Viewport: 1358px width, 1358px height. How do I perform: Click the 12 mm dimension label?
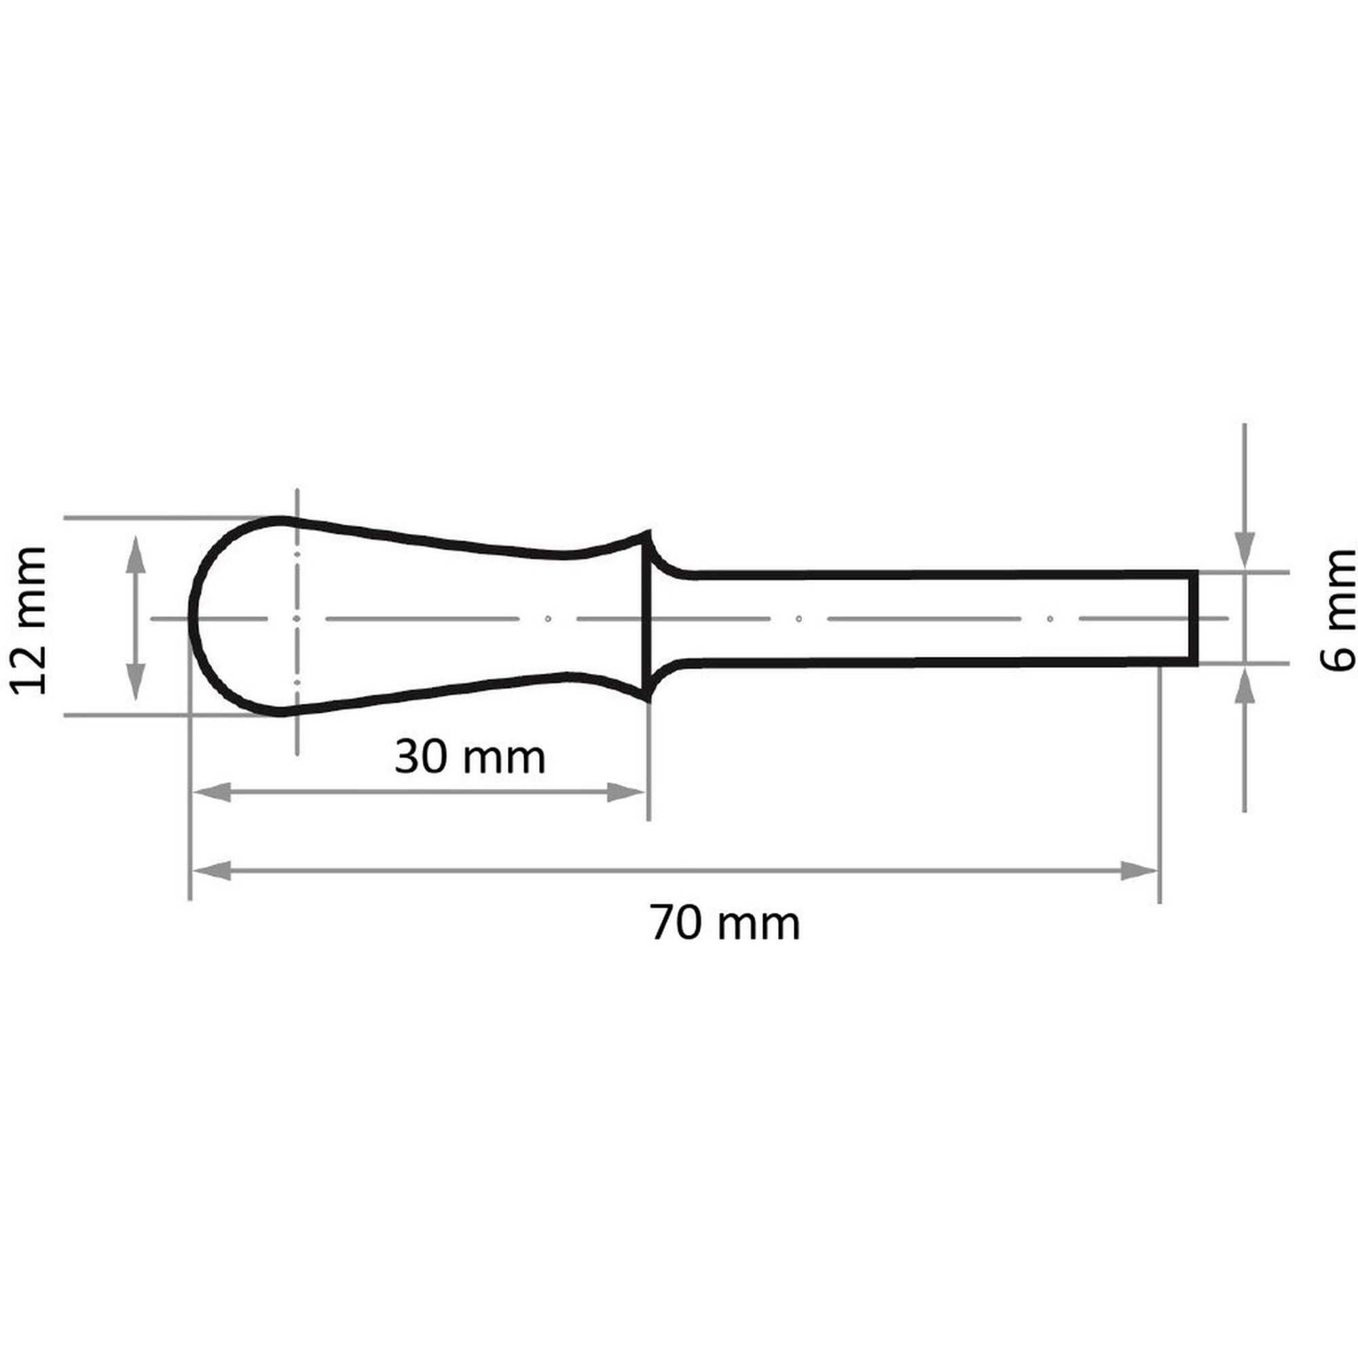pyautogui.click(x=29, y=621)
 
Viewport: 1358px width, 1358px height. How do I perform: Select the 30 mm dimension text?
pyautogui.click(x=470, y=758)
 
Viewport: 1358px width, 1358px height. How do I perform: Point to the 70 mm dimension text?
pyautogui.click(x=724, y=923)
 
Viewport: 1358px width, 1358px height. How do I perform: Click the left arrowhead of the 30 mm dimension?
pyautogui.click(x=210, y=792)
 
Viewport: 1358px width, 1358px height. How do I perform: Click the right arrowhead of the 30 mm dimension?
pyautogui.click(x=625, y=792)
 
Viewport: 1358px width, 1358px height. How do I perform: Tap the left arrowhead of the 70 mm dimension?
pyautogui.click(x=210, y=871)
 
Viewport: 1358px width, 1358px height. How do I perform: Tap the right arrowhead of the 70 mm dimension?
pyautogui.click(x=1139, y=871)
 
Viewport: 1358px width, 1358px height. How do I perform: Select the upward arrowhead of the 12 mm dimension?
pyautogui.click(x=136, y=555)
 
